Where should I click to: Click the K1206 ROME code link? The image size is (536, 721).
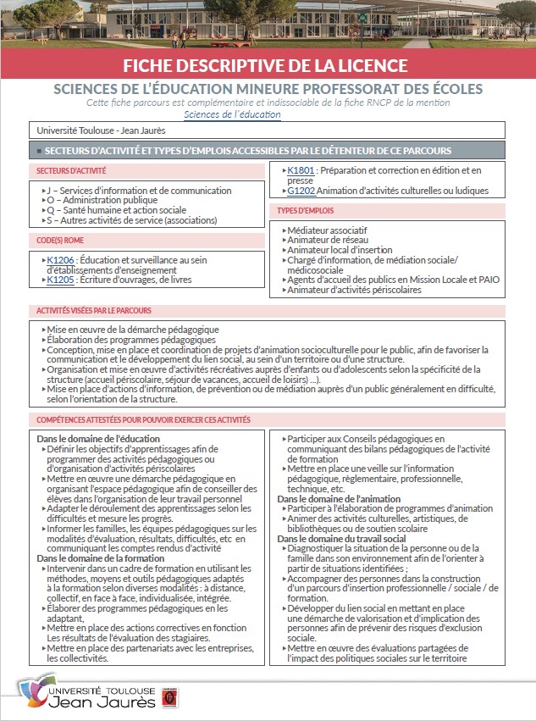62,260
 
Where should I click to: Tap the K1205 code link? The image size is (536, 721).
62,279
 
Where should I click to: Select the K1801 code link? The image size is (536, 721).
301,170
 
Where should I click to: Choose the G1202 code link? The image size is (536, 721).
301,191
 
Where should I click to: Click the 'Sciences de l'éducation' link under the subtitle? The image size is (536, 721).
232,114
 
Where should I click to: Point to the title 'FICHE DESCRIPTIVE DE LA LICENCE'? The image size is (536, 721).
268,65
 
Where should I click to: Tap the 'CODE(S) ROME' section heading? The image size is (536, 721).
53,240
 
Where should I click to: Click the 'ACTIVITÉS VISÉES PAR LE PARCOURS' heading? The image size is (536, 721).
93,311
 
